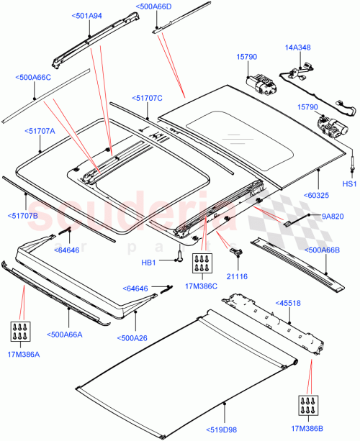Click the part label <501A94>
point(88,15)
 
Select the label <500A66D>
point(153,6)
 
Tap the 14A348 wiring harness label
point(300,47)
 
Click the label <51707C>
point(148,98)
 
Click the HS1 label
point(349,184)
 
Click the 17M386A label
point(23,355)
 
